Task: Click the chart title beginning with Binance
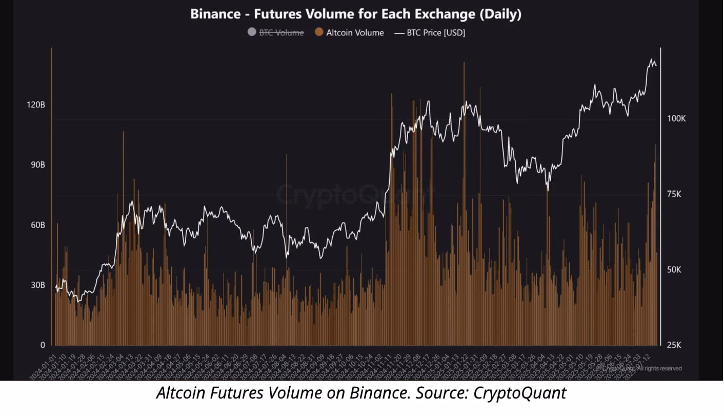pyautogui.click(x=355, y=14)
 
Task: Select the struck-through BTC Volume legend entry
pyautogui.click(x=281, y=32)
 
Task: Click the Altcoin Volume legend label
pyautogui.click(x=355, y=32)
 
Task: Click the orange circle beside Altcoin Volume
pyautogui.click(x=319, y=32)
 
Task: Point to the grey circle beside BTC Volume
pyautogui.click(x=251, y=32)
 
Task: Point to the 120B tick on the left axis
pyautogui.click(x=35, y=105)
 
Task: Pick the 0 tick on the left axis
pyautogui.click(x=43, y=345)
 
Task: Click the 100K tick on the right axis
pyautogui.click(x=676, y=119)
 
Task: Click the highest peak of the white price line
pyautogui.click(x=652, y=60)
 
